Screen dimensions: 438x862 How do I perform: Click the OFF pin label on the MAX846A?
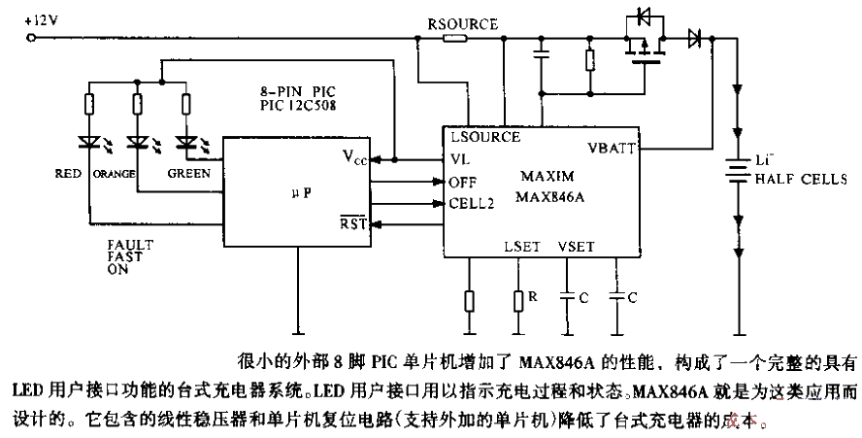[462, 183]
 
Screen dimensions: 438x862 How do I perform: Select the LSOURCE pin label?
[484, 138]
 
